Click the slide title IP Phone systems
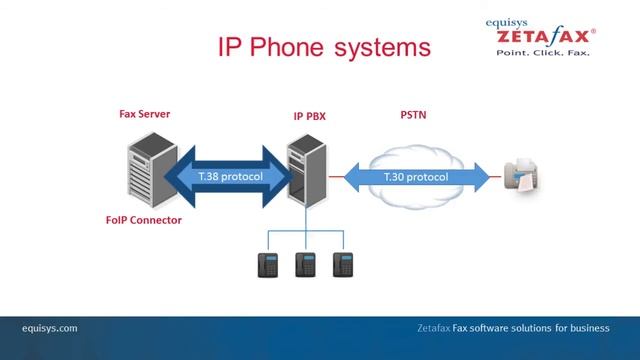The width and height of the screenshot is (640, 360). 310,47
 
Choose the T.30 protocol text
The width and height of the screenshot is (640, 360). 416,177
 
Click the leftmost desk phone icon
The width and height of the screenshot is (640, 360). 268,263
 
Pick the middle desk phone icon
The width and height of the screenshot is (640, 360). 305,263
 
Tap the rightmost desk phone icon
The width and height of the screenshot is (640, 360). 344,263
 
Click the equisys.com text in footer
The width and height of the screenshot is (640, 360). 50,328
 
